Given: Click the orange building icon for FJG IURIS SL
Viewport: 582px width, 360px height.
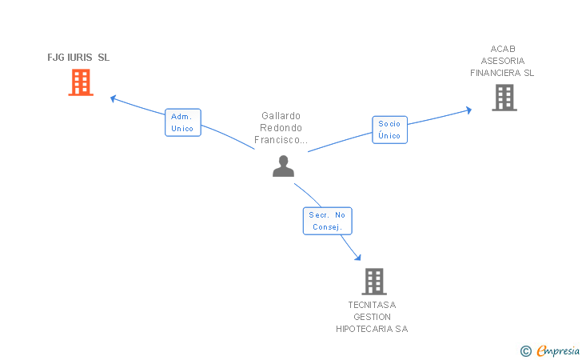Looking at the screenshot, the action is point(81,82).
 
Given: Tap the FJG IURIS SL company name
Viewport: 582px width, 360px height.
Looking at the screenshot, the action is point(78,58).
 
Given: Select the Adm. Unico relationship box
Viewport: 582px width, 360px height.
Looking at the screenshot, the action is point(182,122).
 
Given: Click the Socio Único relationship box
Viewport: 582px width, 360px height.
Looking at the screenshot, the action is point(390,130).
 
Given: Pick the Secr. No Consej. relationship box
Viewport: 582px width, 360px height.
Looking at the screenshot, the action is point(328,221).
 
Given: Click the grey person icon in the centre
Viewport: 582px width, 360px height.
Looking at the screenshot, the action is point(283,166).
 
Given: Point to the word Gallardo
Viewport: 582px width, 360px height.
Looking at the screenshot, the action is point(281,116).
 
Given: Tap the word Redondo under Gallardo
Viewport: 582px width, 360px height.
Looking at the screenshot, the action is point(281,128).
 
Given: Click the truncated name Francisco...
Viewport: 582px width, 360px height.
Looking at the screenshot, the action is point(281,140).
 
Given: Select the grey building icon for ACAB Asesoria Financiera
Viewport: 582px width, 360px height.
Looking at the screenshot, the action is point(504,98).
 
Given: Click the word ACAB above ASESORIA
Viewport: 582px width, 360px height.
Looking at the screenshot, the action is point(503,49).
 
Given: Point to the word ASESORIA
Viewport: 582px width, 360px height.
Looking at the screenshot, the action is point(503,61).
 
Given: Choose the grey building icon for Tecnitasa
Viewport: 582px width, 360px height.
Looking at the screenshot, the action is point(374,282).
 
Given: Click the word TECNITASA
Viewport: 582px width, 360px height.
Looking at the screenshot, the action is point(372,305).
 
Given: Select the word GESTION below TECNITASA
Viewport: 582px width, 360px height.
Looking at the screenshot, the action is point(372,317).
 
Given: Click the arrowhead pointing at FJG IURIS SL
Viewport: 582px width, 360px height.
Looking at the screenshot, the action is point(114,99).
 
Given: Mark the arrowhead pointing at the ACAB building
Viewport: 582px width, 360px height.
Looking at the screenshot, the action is point(468,110).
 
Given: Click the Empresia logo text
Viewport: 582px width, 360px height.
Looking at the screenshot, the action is point(558,350).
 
